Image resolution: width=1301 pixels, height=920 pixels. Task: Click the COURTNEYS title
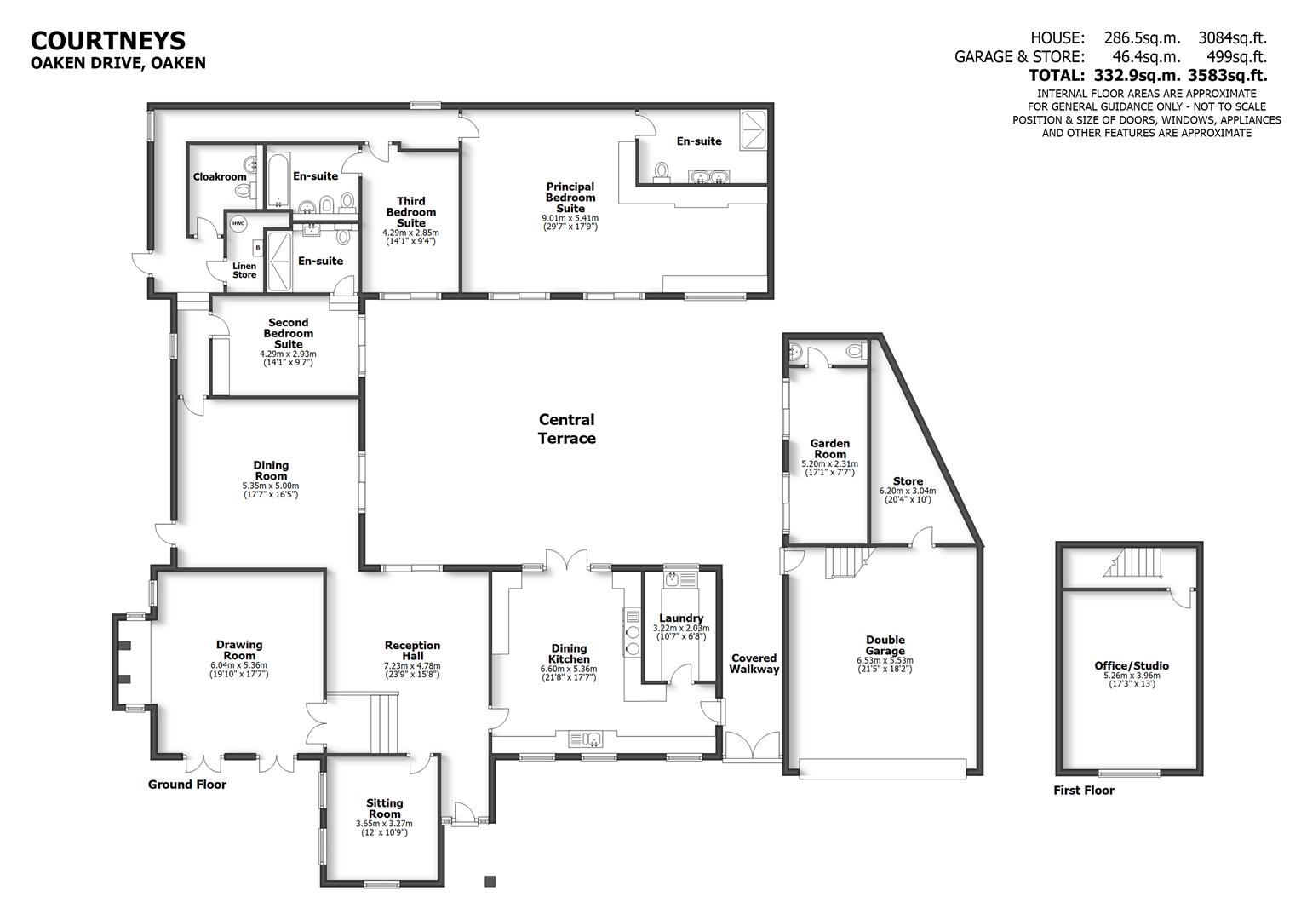click(x=108, y=41)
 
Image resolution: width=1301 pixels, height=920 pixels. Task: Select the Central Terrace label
click(x=566, y=428)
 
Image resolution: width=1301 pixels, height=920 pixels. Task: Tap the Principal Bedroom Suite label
click(x=570, y=198)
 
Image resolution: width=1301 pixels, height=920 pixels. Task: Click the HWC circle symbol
click(x=238, y=224)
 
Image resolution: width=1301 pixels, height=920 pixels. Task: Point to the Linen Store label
click(x=244, y=270)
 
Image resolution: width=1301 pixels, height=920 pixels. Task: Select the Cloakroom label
click(x=219, y=177)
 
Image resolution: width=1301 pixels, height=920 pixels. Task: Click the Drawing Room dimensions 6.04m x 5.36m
click(x=238, y=665)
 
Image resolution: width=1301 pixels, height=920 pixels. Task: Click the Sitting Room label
click(x=385, y=808)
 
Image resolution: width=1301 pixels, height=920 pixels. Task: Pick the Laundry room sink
click(x=673, y=580)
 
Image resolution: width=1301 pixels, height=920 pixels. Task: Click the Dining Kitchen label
click(x=569, y=653)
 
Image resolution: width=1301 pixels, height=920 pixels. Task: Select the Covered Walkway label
click(x=754, y=663)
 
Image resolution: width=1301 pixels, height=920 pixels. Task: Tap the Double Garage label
click(x=885, y=645)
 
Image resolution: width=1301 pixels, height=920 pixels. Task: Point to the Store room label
click(x=908, y=481)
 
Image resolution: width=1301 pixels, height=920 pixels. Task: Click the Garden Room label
click(x=829, y=448)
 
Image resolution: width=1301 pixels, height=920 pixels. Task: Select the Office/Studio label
click(x=1131, y=665)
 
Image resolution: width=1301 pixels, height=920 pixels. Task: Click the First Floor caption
click(x=1083, y=790)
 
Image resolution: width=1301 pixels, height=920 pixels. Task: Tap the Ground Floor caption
click(x=187, y=784)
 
